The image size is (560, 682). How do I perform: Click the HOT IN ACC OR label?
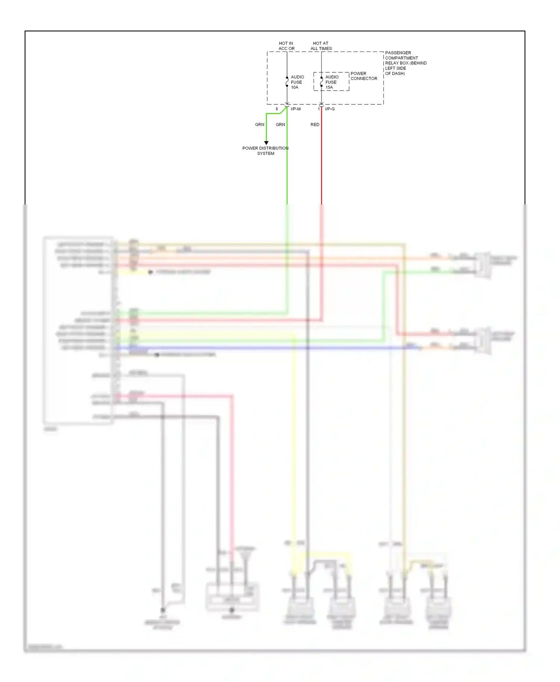click(x=286, y=46)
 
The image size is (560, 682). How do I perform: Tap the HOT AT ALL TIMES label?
click(x=321, y=46)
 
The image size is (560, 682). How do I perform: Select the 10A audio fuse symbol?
click(x=287, y=82)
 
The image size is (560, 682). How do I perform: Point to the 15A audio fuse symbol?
click(x=321, y=82)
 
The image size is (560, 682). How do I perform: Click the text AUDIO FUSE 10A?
click(x=297, y=82)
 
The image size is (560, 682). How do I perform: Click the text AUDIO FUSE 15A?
click(x=332, y=82)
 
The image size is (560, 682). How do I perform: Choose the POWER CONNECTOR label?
click(x=364, y=76)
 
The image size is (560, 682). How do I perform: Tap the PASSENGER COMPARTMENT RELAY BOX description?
click(x=405, y=63)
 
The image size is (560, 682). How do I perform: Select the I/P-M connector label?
click(x=295, y=109)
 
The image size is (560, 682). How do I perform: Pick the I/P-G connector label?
click(x=330, y=109)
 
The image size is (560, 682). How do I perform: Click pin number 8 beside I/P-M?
click(x=277, y=109)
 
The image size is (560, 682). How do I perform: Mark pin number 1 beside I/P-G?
click(x=318, y=109)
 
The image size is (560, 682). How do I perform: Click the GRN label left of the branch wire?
click(x=259, y=125)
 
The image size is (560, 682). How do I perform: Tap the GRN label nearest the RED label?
click(x=280, y=125)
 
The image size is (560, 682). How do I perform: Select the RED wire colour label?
click(x=315, y=125)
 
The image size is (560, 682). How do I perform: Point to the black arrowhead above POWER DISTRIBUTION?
click(x=266, y=143)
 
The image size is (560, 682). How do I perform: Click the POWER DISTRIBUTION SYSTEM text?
click(x=265, y=151)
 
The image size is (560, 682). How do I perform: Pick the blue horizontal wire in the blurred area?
click(x=261, y=348)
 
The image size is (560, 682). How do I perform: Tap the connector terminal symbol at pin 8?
click(x=287, y=105)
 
